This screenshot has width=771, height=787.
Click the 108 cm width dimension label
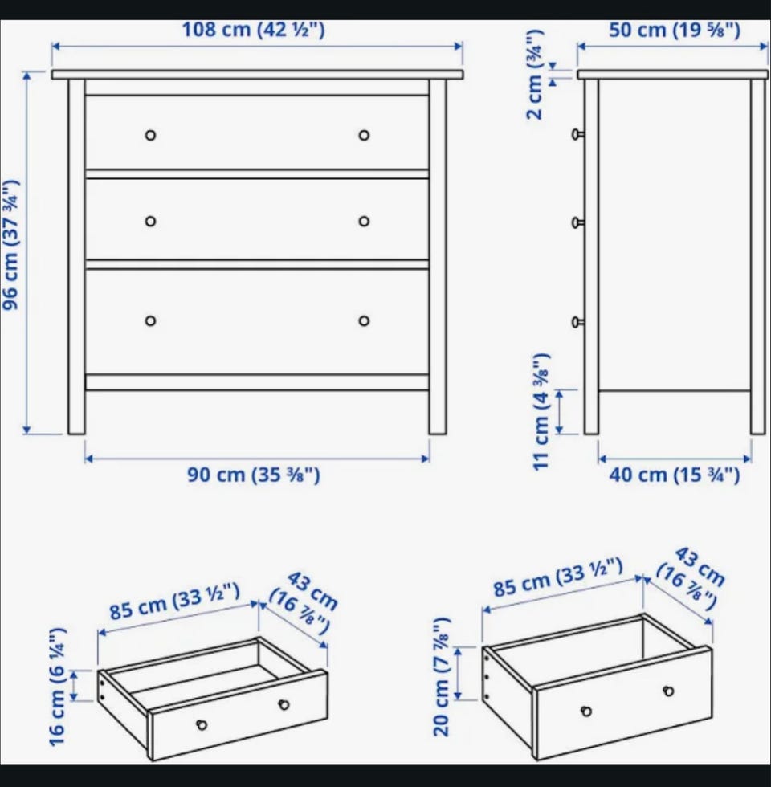click(253, 30)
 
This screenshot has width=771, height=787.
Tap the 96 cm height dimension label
click(11, 245)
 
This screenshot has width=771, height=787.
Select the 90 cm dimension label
click(254, 475)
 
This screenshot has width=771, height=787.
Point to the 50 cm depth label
click(675, 31)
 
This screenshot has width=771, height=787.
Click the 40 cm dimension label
click(675, 475)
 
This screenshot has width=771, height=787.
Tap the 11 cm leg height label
click(541, 411)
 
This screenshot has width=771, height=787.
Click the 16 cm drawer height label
click(58, 687)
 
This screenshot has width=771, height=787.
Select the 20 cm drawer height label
click(441, 677)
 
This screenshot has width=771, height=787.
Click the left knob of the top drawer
click(151, 135)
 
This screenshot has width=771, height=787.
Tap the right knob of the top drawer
click(364, 135)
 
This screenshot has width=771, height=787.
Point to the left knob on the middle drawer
click(151, 222)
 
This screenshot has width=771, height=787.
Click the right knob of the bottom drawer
click(364, 320)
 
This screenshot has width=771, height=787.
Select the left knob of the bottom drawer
click(151, 320)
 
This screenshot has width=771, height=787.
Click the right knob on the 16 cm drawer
click(284, 705)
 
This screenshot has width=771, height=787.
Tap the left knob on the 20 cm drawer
click(586, 711)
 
